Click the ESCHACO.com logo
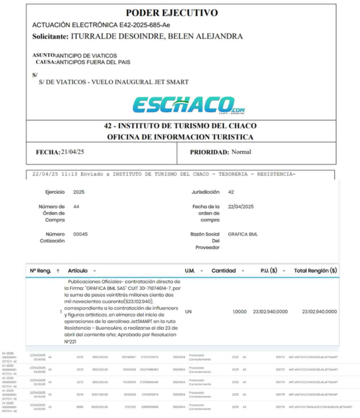188,104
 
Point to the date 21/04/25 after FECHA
72,152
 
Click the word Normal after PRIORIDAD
241,152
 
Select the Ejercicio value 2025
79,191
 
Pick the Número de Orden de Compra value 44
76,206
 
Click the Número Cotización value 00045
80,234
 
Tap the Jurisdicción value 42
231,191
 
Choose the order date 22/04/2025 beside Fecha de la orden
241,206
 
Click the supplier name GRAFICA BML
243,234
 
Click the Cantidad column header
223,271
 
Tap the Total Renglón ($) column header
315,271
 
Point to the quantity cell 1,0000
240,312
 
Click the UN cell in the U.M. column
188,312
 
